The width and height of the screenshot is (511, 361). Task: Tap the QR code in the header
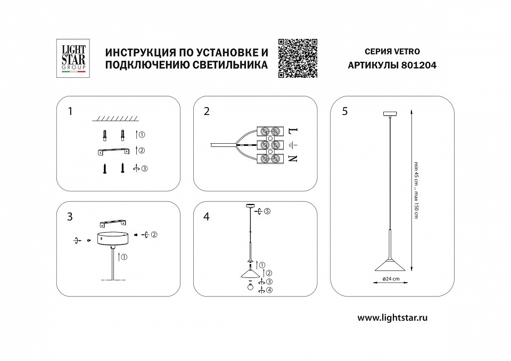[299, 59]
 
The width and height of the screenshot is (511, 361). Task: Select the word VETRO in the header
[407, 52]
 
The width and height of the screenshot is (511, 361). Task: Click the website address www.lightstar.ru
[392, 317]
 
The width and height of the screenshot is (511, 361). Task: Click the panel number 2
[207, 111]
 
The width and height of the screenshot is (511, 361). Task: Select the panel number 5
[345, 111]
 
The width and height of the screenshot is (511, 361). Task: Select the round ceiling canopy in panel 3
[112, 238]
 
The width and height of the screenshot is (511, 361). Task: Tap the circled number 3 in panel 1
[144, 168]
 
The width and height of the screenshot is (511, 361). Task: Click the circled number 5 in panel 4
[267, 211]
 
